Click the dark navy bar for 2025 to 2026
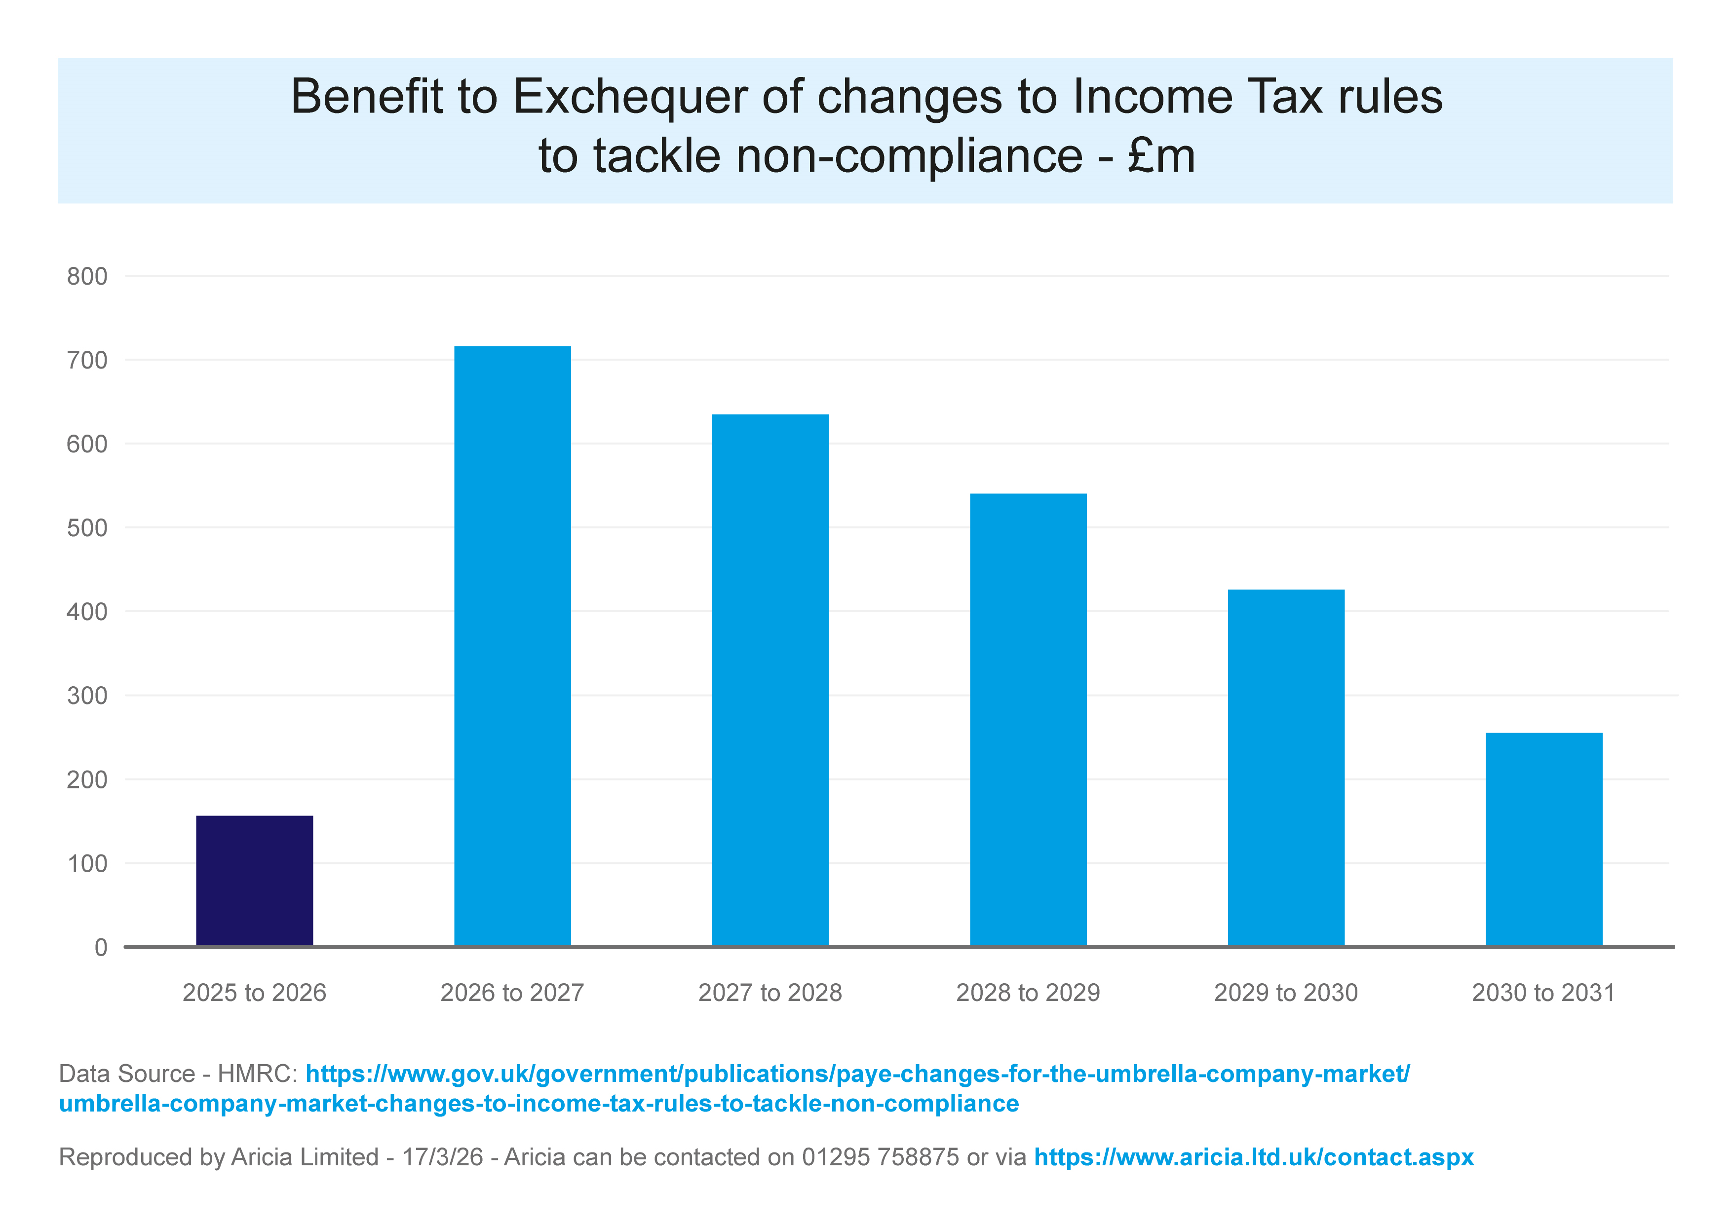(x=254, y=880)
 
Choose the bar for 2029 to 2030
(x=1286, y=767)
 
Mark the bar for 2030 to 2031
(x=1544, y=839)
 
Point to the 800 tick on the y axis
(x=87, y=277)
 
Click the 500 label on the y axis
(x=87, y=528)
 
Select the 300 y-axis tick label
(x=87, y=696)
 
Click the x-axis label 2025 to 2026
(x=254, y=993)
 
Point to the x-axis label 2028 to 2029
(x=1028, y=993)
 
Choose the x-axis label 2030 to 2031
(x=1543, y=993)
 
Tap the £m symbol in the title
(x=1162, y=156)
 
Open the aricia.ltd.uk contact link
(x=1254, y=1157)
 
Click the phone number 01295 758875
(x=881, y=1157)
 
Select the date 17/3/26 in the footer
(x=442, y=1157)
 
